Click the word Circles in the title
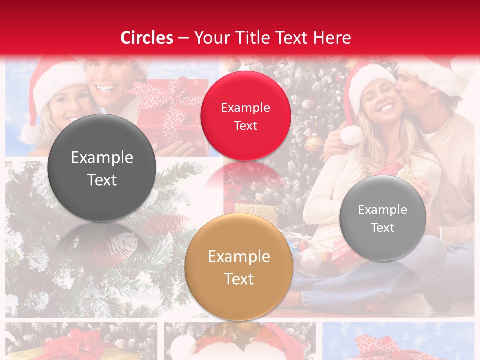147,38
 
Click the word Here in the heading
333,38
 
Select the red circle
245,116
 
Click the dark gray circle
102,168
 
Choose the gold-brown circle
239,267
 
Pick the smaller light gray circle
383,218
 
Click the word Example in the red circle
245,107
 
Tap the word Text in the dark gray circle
102,180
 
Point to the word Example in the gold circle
239,257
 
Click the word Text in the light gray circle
383,228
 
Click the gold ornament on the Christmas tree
314,143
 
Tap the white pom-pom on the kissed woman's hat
351,135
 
